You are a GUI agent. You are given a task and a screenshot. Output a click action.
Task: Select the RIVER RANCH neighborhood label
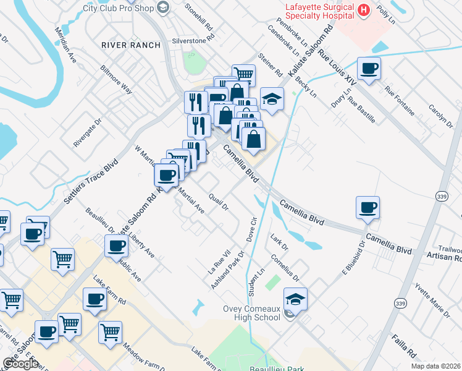pos(130,45)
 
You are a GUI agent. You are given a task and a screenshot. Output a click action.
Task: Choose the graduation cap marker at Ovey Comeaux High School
pos(296,299)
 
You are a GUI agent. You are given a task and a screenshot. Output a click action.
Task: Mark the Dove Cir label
pos(251,229)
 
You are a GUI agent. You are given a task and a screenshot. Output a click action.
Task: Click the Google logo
pos(20,364)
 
